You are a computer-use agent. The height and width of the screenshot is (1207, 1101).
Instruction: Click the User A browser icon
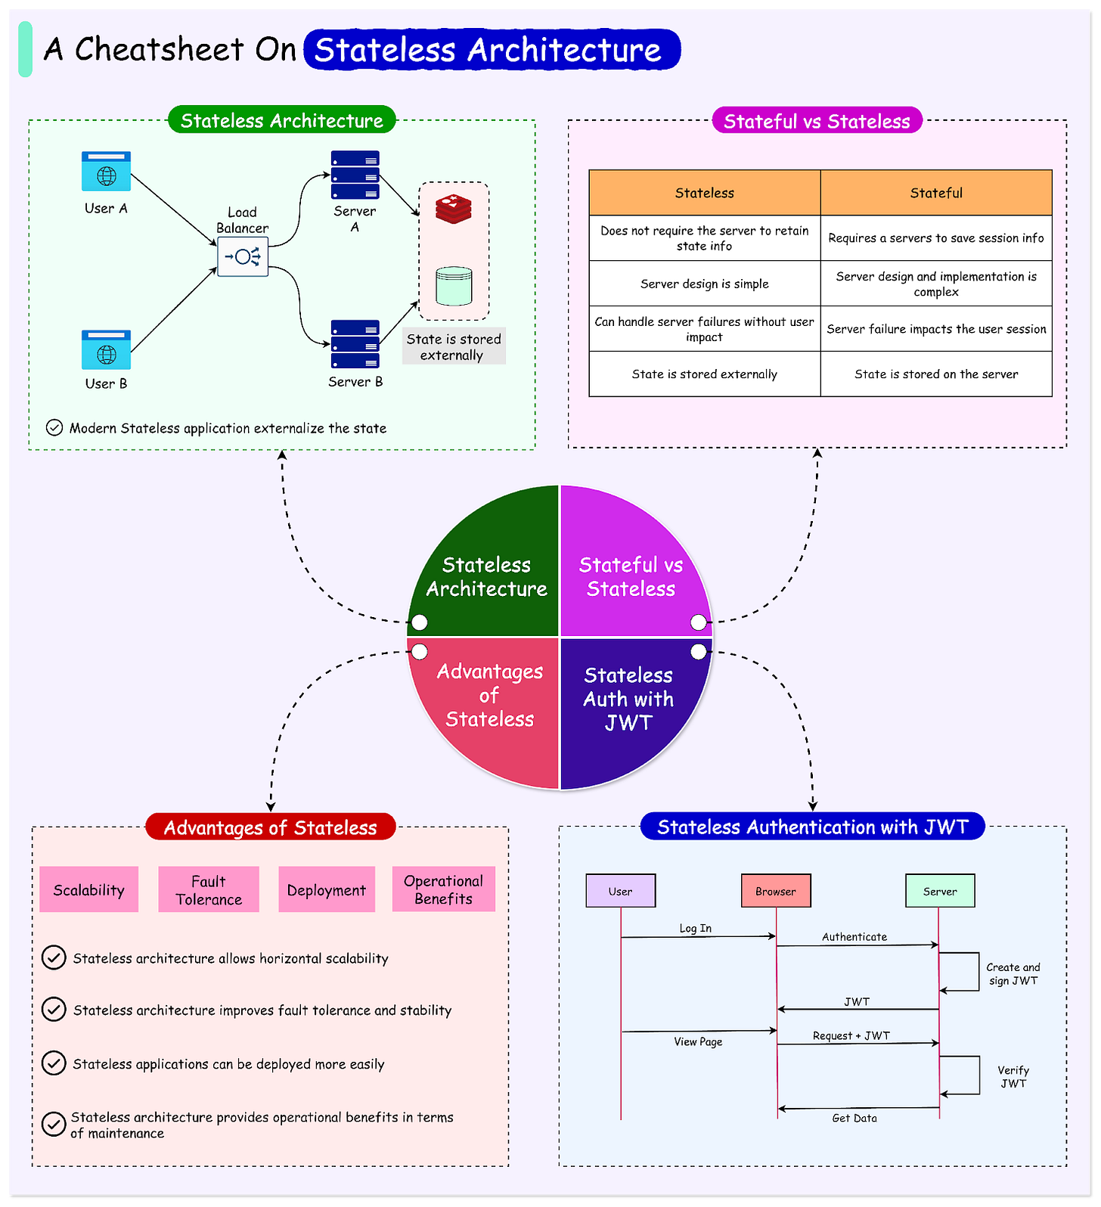106,172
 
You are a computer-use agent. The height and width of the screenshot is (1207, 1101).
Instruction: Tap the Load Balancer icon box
243,256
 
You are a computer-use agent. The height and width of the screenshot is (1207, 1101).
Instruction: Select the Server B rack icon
355,344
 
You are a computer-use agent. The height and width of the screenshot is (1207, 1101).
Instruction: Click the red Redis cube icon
454,209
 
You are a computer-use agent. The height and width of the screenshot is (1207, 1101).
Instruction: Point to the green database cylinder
454,286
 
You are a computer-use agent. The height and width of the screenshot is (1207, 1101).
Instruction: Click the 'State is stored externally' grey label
453,347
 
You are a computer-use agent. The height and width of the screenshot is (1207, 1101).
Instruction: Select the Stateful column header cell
936,193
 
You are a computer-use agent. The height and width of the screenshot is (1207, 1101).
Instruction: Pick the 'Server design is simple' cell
704,284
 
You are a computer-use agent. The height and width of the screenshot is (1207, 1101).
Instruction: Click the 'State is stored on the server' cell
936,374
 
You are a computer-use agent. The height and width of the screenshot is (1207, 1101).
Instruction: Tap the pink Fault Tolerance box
209,890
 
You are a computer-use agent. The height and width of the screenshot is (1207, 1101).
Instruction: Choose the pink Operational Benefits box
444,889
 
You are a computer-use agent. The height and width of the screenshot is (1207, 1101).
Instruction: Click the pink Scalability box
89,890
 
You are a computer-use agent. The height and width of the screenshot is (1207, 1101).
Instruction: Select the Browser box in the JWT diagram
776,891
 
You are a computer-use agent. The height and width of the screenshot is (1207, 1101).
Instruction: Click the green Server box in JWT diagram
940,891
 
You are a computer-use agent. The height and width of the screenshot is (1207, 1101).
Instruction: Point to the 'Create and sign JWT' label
1013,974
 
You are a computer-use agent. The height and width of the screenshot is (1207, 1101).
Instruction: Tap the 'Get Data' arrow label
854,1119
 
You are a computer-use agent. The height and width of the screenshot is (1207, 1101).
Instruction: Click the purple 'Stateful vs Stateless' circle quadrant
631,575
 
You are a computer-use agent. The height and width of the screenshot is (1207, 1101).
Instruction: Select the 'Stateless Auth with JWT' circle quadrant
628,700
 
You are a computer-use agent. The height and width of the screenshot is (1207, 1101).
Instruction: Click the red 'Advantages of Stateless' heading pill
271,827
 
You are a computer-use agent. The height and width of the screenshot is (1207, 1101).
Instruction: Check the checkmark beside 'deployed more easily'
54,1063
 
